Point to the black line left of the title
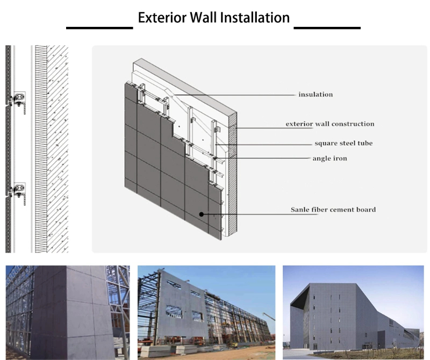click(99, 27)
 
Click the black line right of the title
click(327, 27)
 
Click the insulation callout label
click(316, 95)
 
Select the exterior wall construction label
click(329, 124)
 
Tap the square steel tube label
click(343, 143)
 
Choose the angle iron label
click(329, 159)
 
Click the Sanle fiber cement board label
click(333, 210)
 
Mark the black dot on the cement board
click(202, 214)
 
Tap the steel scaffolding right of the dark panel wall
click(119, 301)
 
